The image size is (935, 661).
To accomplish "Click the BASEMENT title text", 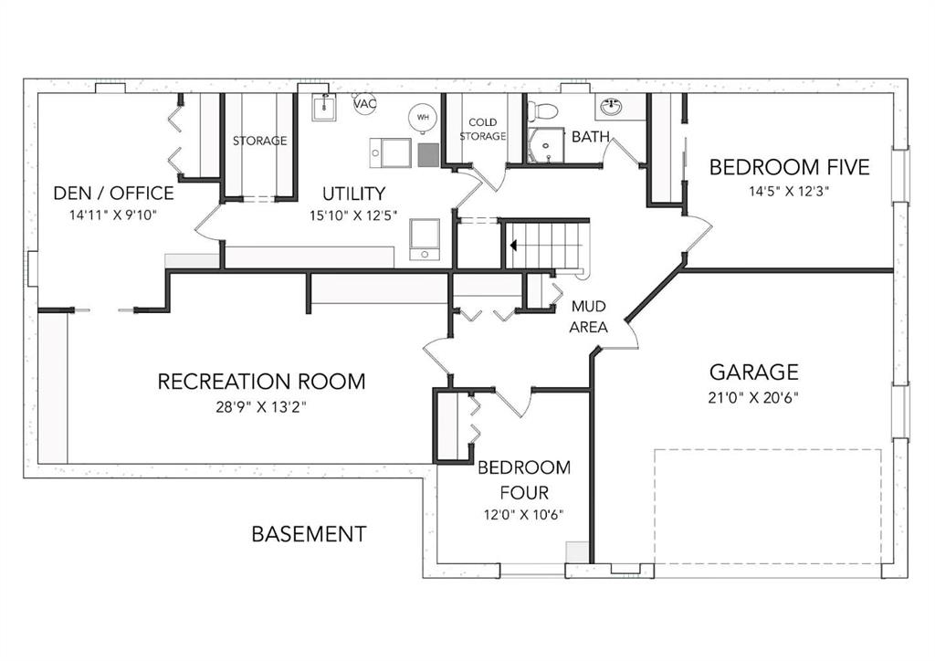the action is pyautogui.click(x=309, y=533).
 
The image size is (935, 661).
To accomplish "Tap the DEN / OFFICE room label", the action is pyautogui.click(x=114, y=194).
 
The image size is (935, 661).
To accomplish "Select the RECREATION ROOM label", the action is pyautogui.click(x=261, y=382).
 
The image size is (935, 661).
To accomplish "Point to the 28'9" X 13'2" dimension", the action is pyautogui.click(x=261, y=408).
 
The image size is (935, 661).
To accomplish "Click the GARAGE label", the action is pyautogui.click(x=753, y=372).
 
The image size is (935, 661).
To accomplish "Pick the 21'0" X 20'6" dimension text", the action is pyautogui.click(x=753, y=397).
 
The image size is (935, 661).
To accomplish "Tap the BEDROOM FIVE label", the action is pyautogui.click(x=790, y=167).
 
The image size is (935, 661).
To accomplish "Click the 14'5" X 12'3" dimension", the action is pyautogui.click(x=790, y=192).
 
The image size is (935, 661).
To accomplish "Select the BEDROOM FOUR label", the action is pyautogui.click(x=524, y=480).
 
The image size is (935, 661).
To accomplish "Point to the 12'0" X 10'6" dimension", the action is pyautogui.click(x=523, y=514).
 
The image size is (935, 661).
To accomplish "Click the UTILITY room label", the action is pyautogui.click(x=353, y=194).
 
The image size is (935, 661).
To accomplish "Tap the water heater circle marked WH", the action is pyautogui.click(x=423, y=118).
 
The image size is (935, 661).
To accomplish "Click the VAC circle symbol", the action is pyautogui.click(x=365, y=104).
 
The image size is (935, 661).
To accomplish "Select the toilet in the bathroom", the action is pyautogui.click(x=544, y=110).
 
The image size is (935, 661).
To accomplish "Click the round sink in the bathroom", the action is pyautogui.click(x=611, y=108).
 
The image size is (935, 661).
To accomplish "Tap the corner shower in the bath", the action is pyautogui.click(x=546, y=145).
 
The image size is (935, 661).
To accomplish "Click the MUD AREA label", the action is pyautogui.click(x=588, y=317).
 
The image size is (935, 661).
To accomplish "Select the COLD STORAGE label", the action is pyautogui.click(x=483, y=130).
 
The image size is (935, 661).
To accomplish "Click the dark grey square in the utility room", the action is pyautogui.click(x=428, y=154).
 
